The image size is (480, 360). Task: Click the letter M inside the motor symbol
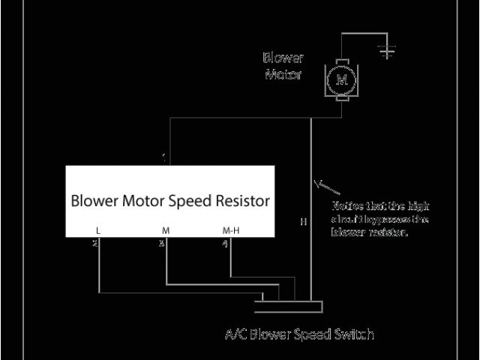342,78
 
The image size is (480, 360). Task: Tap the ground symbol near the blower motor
387,51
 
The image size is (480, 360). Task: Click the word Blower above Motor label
282,57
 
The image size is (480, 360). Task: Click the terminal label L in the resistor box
98,230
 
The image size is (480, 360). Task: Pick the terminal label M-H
231,230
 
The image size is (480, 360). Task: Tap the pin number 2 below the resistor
95,243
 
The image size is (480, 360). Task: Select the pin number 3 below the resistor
160,243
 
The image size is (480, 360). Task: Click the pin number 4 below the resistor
225,243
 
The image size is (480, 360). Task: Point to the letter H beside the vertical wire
303,222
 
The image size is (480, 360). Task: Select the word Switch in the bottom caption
355,334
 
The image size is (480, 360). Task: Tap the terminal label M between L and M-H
165,230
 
